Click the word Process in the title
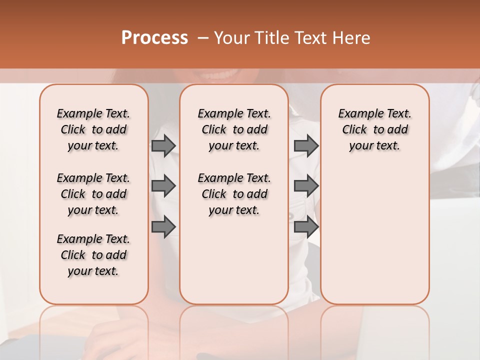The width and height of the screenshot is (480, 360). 154,38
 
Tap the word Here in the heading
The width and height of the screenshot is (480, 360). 351,38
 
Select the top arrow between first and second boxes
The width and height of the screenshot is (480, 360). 163,145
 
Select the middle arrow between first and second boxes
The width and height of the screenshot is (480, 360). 163,186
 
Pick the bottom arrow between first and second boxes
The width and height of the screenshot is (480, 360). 163,227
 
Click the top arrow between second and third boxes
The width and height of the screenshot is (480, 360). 306,145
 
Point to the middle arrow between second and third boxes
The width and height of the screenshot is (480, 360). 306,186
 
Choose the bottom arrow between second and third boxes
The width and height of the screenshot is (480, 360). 306,227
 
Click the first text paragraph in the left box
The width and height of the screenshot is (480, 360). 93,129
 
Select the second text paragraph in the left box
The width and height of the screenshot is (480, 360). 93,194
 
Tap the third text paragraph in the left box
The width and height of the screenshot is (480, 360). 93,255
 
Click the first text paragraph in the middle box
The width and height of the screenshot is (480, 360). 234,129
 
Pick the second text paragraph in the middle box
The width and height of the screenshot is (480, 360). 234,194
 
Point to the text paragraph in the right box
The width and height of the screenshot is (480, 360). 375,129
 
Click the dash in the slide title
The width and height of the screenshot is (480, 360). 203,38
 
